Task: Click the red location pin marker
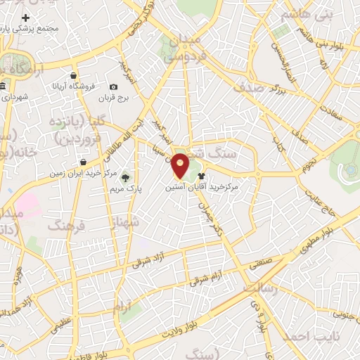[x=180, y=166]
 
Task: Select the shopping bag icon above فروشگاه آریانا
[x=74, y=75]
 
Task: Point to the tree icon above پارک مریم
[x=127, y=177]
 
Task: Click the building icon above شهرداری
[x=3, y=86]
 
